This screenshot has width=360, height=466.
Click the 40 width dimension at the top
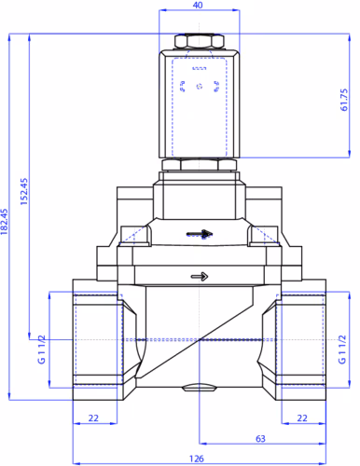pyautogui.click(x=198, y=6)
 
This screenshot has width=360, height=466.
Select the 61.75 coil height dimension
pyautogui.click(x=344, y=100)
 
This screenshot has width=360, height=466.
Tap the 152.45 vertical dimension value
pyautogui.click(x=24, y=191)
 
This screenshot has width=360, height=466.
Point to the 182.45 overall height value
pyautogui.click(x=4, y=222)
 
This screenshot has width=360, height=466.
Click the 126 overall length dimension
pyautogui.click(x=197, y=459)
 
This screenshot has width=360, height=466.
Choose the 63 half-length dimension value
pyautogui.click(x=260, y=439)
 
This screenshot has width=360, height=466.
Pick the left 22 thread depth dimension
pyautogui.click(x=93, y=418)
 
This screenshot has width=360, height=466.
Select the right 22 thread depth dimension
pyautogui.click(x=302, y=418)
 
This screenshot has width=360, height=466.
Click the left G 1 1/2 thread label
pyautogui.click(x=42, y=349)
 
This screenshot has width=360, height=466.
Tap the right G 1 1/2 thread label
pyautogui.click(x=342, y=349)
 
